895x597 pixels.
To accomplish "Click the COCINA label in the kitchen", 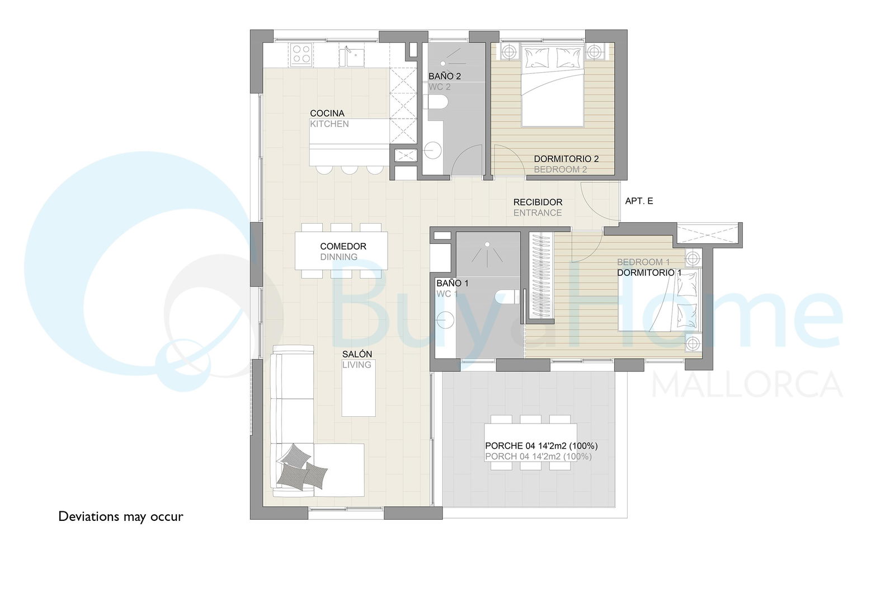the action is click(327, 114).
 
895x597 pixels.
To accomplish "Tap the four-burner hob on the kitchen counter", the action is click(301, 55).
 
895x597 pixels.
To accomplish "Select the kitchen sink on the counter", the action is click(352, 57).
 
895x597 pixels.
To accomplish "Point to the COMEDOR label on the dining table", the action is click(343, 246).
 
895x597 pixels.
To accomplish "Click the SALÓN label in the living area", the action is click(357, 354).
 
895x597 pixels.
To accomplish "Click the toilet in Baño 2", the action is click(435, 102).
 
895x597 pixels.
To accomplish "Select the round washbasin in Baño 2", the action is click(432, 151).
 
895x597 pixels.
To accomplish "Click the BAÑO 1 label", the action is click(453, 283).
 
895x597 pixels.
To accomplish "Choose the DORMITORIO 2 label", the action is click(566, 159).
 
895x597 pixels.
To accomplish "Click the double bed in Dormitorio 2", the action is click(553, 87).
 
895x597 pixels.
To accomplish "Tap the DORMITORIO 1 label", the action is click(649, 272).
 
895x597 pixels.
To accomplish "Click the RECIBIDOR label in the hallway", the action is click(538, 202).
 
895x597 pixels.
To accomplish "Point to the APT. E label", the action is click(639, 201).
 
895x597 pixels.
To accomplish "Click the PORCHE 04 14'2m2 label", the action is click(541, 445).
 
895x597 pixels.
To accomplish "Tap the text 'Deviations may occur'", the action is click(121, 516).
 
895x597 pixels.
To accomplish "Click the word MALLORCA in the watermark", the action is click(747, 384).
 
